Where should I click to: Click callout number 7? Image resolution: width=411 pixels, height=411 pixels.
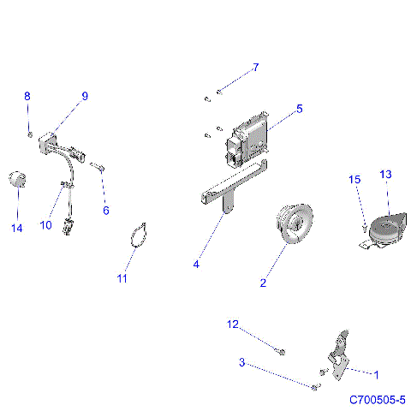pos(254,67)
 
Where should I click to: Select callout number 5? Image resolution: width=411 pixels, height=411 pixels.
pos(299,110)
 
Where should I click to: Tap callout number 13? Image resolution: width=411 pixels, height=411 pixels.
pos(385,175)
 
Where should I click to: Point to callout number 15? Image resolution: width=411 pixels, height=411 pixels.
pos(354,180)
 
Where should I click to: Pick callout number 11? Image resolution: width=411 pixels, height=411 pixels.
pos(122,278)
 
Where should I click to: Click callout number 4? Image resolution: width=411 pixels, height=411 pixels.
pos(196,265)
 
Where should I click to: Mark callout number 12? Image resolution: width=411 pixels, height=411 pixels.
pos(232,325)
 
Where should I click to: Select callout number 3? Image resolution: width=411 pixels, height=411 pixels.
pos(242,363)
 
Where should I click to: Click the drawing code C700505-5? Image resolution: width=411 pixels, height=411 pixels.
pos(377,400)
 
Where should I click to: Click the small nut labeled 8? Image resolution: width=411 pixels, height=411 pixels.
pos(30,135)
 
